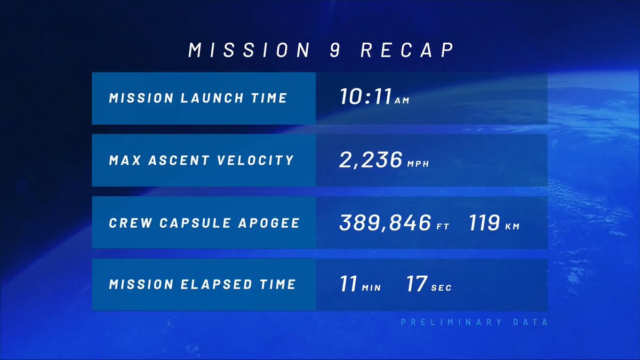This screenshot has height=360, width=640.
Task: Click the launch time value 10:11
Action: point(365,97)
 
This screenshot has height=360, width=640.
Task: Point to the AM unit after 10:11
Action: point(402,101)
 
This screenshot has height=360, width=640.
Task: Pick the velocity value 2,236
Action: point(371,159)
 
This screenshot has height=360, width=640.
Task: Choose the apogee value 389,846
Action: point(385,222)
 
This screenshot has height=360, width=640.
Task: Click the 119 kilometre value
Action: point(484,222)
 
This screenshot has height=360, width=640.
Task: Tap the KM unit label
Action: point(512,227)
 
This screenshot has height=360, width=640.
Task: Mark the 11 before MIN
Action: point(348,284)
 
